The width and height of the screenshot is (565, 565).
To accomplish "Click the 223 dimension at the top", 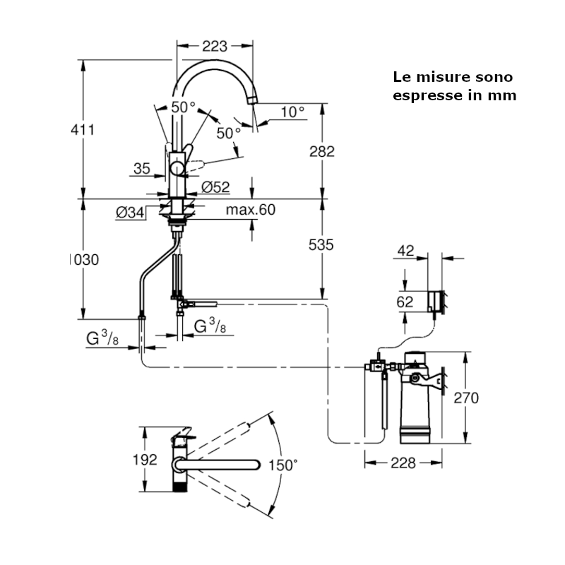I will point(215,47).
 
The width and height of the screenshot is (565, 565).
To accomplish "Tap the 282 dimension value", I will point(321,151).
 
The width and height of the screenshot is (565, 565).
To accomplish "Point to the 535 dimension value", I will point(321,244).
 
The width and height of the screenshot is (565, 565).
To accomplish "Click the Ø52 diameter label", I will point(215,187).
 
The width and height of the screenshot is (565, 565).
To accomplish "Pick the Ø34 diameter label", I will point(131,211).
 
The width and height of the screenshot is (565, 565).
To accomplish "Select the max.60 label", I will point(250,210).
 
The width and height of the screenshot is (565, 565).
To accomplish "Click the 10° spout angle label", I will point(291,111).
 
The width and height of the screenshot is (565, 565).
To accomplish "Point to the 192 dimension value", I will point(145,460).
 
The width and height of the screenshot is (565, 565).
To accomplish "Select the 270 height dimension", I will point(466,398).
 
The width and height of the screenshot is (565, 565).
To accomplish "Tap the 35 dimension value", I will point(142,168).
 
